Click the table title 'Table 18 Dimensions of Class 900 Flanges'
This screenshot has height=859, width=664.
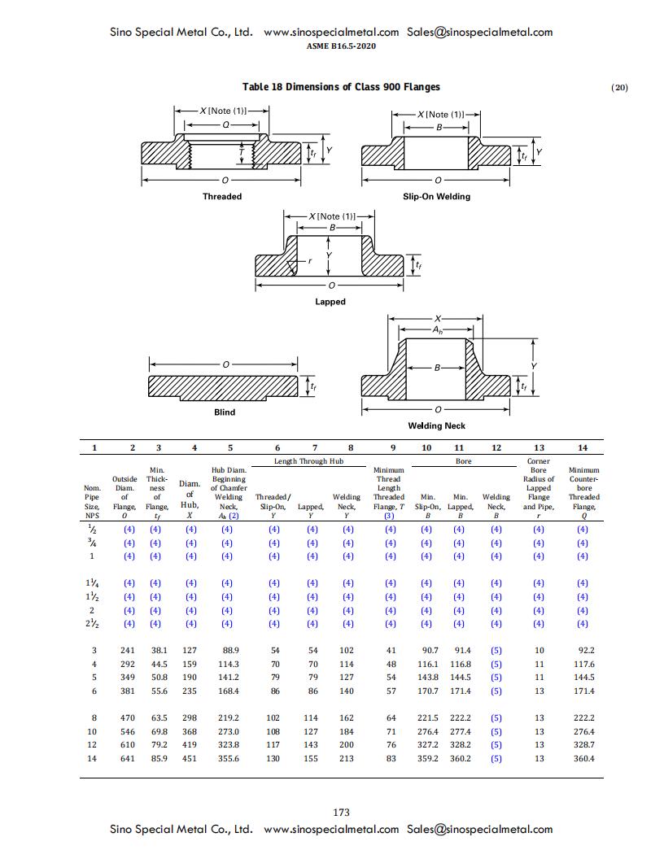[342, 87]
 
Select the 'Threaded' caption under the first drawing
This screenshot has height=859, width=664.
[222, 196]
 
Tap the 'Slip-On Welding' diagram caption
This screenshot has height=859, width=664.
[436, 196]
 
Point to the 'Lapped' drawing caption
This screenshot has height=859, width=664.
[330, 302]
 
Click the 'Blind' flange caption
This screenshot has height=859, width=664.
[225, 412]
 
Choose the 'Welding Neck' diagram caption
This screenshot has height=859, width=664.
[436, 425]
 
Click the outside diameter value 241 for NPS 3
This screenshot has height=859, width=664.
[127, 650]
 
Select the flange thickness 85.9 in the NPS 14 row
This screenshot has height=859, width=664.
[158, 758]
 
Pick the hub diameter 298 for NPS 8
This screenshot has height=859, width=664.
[190, 717]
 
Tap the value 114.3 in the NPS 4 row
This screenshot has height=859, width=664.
[228, 664]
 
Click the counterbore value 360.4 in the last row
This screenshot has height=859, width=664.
[583, 758]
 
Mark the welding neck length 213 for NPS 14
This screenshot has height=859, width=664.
[347, 758]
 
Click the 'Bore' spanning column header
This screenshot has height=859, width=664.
[462, 461]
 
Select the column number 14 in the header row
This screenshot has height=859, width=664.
[582, 447]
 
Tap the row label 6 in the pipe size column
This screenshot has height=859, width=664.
[93, 691]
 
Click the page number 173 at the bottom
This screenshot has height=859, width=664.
[342, 812]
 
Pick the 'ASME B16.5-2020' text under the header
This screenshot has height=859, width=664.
[342, 46]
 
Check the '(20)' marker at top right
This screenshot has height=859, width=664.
[619, 88]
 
